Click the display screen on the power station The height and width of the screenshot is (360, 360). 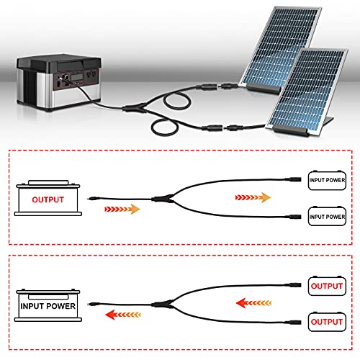(x=77, y=77)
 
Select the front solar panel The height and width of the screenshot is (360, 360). (x=308, y=92)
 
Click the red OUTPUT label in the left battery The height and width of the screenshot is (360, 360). (x=48, y=199)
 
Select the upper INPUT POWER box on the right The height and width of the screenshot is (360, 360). (x=327, y=180)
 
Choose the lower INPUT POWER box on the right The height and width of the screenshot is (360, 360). (x=327, y=216)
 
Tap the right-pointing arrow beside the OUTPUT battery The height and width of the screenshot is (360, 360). (x=122, y=209)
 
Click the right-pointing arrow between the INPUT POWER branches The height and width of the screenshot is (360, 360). (x=253, y=197)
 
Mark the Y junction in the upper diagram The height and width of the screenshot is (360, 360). (x=163, y=199)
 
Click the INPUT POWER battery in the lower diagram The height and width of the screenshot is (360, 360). (x=48, y=305)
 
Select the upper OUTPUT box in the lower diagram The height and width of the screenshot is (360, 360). (x=327, y=286)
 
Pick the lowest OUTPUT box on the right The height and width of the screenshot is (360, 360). (x=327, y=322)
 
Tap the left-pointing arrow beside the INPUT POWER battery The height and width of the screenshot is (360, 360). (x=123, y=315)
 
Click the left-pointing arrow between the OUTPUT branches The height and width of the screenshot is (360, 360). (x=253, y=303)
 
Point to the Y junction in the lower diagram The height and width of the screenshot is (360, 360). (x=163, y=305)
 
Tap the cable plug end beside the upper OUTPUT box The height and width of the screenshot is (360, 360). (x=293, y=285)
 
